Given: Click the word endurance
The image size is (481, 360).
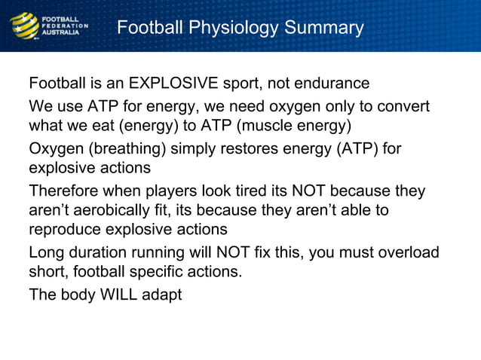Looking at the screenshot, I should point(333,83).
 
